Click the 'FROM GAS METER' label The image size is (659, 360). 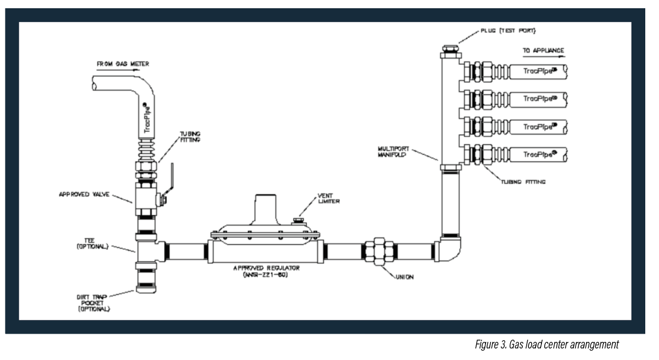122,64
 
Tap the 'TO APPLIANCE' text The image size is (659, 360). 543,50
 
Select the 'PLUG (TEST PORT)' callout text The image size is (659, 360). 508,31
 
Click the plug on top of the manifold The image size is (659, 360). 450,49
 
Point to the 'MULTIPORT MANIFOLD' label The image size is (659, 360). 393,151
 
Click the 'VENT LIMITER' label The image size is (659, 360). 328,198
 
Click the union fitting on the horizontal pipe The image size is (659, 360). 379,251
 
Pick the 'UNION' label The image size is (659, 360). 405,277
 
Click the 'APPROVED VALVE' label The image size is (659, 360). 84,194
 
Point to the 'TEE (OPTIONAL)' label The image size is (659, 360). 92,243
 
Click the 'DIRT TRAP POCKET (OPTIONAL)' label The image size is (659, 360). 93,303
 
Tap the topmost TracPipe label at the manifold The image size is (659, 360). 540,71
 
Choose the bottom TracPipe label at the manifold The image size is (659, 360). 540,154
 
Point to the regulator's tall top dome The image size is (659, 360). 265,209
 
